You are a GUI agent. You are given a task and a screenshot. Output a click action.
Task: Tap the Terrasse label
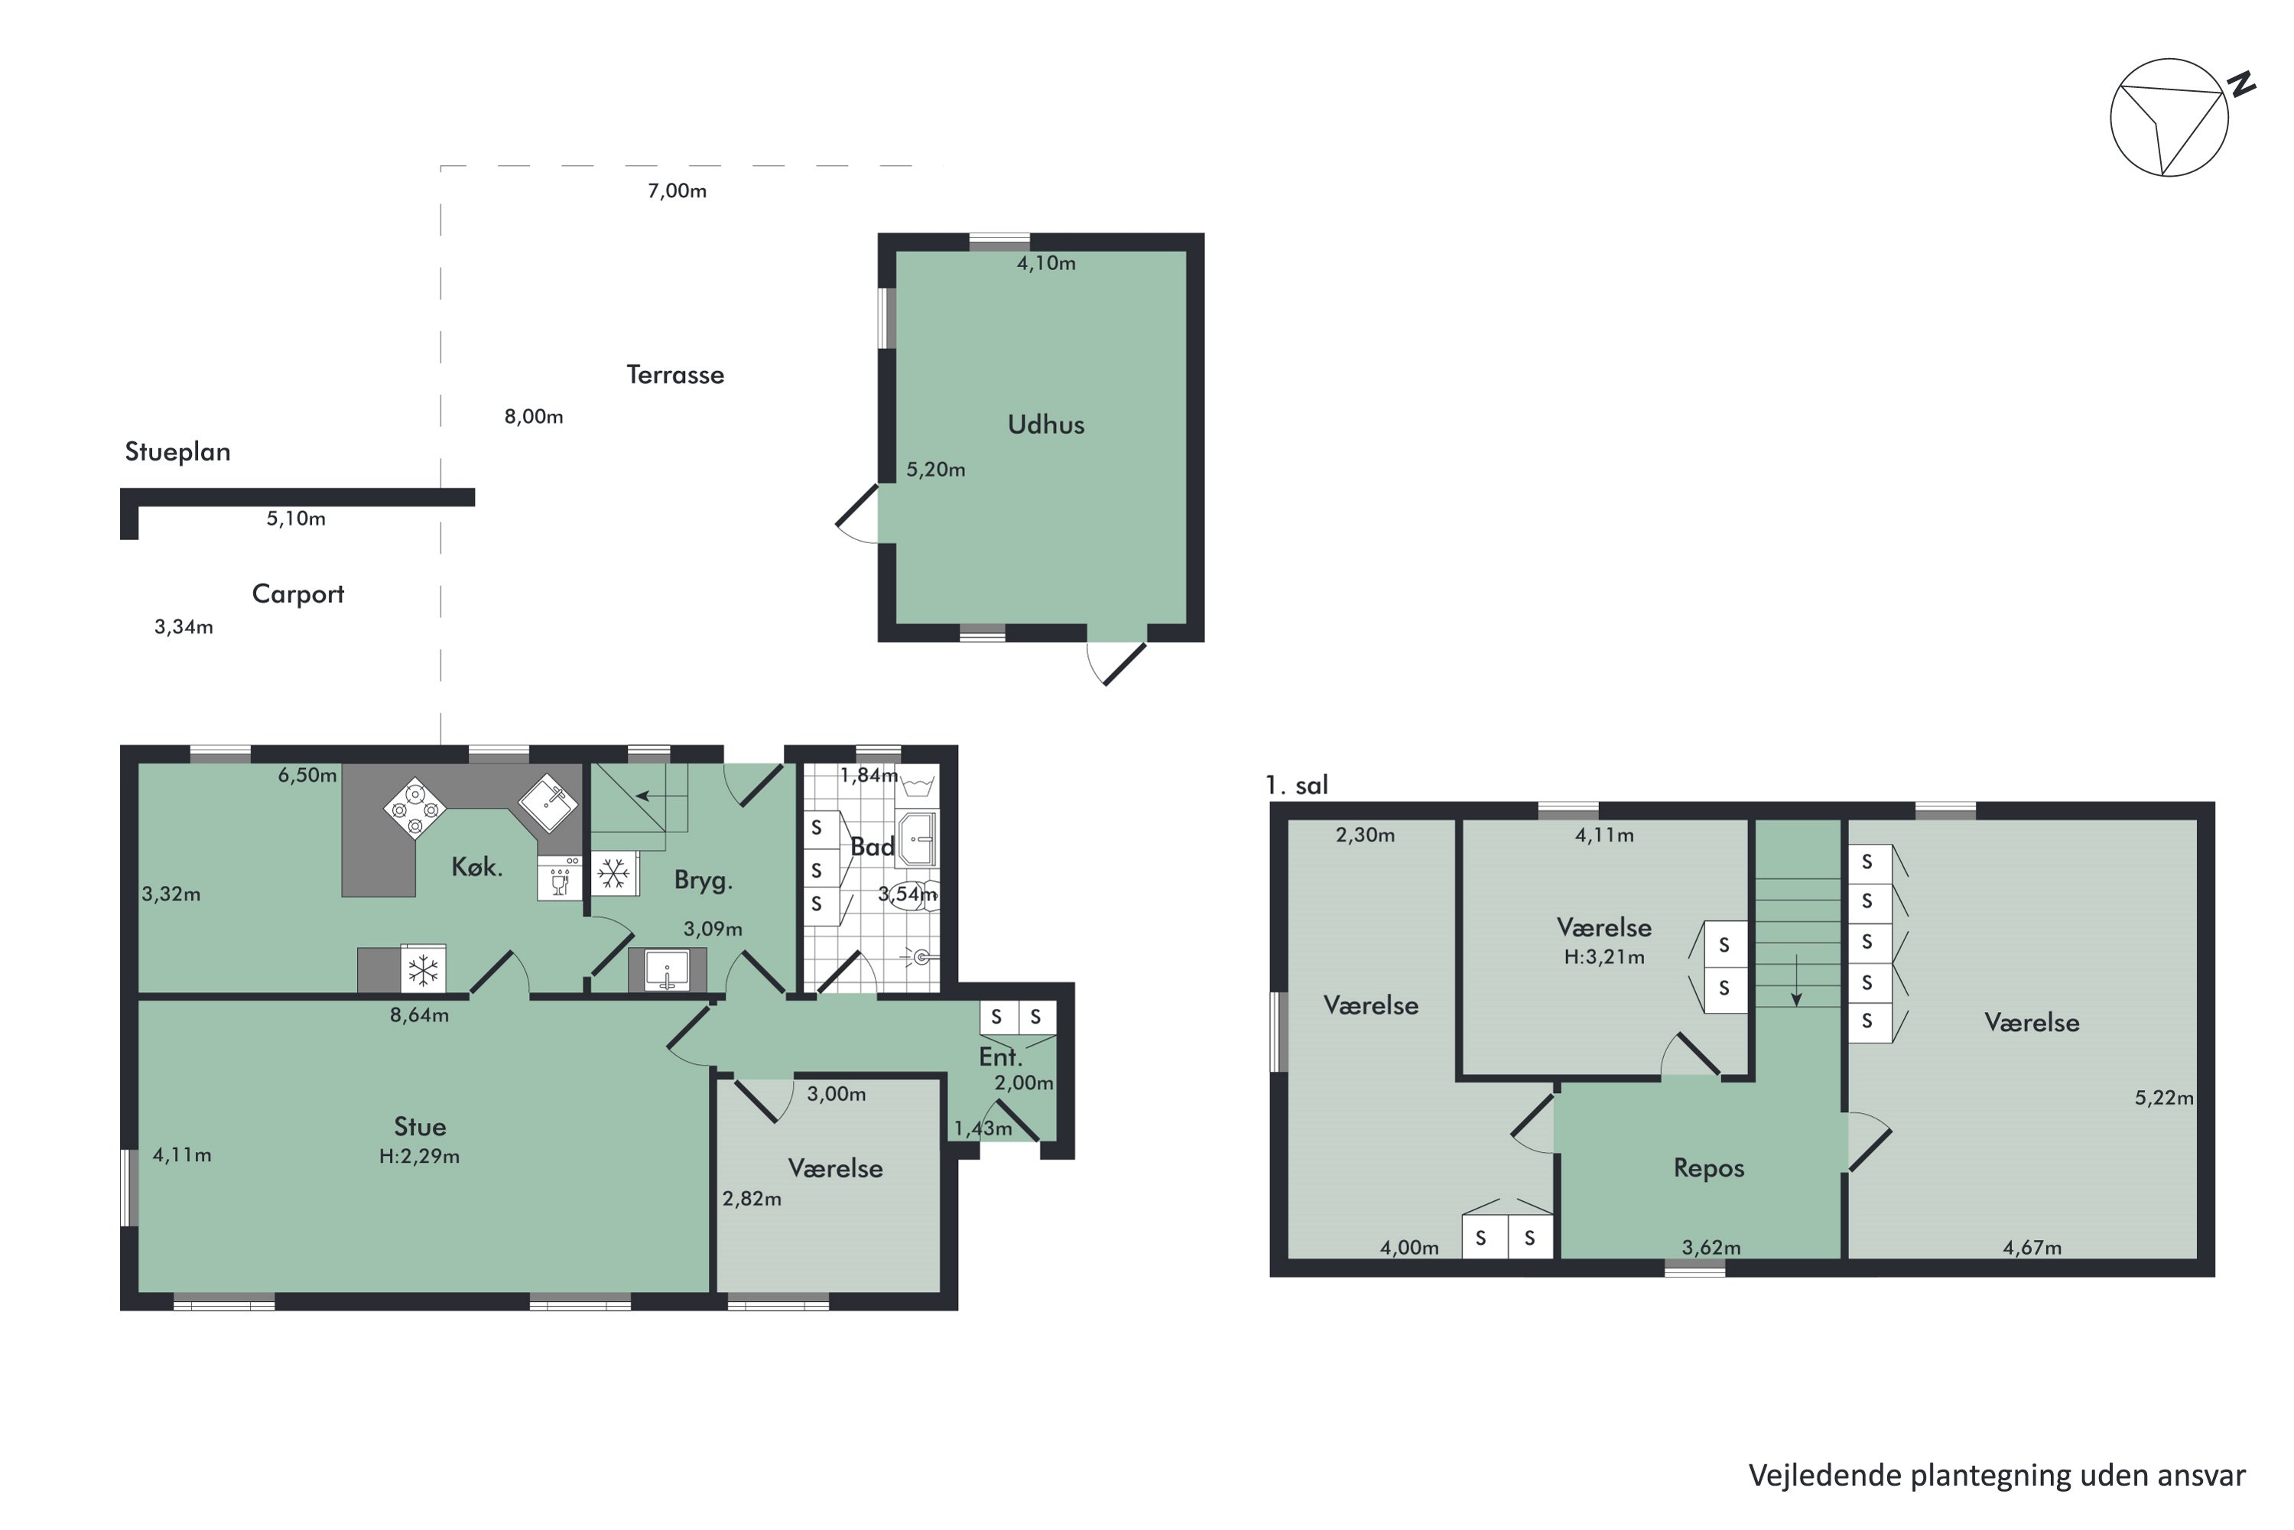(675, 375)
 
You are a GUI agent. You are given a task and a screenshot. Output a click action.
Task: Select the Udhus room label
(1045, 425)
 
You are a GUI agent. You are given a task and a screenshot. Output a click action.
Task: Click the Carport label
(297, 594)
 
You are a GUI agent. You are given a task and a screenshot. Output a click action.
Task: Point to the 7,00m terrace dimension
(677, 190)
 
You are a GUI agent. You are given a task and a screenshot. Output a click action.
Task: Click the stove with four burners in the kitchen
(414, 808)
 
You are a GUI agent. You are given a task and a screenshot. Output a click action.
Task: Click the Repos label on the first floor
(1709, 1168)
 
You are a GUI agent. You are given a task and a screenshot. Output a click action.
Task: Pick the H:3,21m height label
(1604, 957)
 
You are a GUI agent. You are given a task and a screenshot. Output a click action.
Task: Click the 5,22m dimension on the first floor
(2164, 1098)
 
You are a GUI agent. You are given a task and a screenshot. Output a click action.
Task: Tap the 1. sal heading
(1296, 785)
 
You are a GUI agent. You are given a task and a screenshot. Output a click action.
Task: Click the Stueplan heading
(177, 452)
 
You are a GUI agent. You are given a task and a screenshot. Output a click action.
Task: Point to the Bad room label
(872, 847)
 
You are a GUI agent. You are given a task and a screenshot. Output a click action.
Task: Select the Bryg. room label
(703, 881)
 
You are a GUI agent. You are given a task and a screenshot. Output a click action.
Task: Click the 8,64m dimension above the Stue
(419, 1015)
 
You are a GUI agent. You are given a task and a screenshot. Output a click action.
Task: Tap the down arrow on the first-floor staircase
(1796, 981)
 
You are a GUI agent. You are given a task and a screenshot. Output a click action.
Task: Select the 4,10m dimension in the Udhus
(1047, 263)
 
